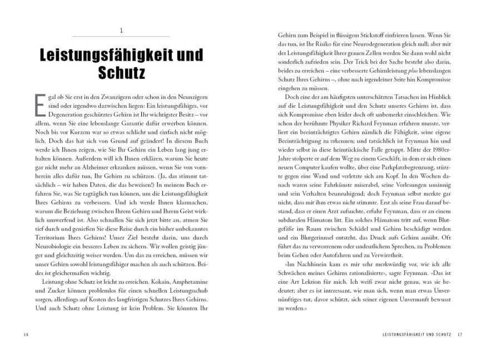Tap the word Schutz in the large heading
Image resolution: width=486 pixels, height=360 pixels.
coord(121,73)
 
